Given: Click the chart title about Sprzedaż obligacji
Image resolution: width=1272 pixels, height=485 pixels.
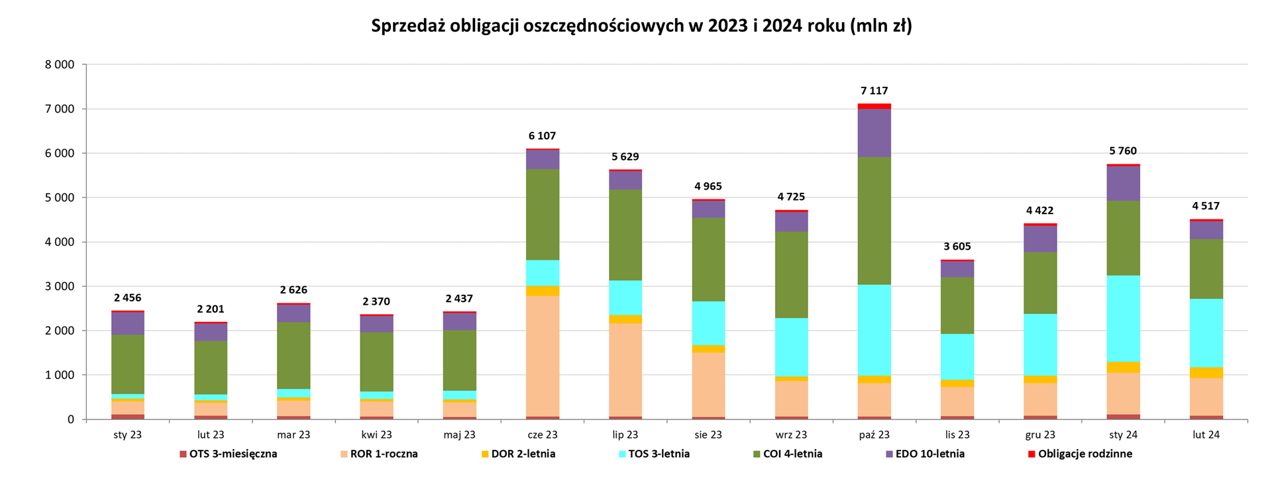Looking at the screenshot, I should point(641,26).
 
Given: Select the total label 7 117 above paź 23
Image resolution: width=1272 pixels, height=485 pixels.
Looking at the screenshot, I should point(874,91).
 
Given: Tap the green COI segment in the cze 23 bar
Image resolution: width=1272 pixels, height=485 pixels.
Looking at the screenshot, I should point(543,214).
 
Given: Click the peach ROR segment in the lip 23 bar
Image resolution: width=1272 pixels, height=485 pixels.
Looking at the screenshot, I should point(625,369).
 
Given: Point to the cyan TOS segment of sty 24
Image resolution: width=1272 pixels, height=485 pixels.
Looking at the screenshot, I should point(1123,318).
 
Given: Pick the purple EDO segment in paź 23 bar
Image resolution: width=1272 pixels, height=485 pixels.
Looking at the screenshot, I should point(874,133).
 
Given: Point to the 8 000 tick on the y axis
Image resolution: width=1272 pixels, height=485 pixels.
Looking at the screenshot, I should point(60,65).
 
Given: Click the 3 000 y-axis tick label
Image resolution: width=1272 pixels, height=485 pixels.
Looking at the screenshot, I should point(60,286).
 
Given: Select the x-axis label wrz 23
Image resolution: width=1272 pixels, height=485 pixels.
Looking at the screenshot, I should point(791,435).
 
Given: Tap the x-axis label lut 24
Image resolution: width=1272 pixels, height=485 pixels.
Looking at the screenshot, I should point(1206,435).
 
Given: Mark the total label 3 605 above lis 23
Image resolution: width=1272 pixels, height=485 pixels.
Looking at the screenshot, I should point(957,246).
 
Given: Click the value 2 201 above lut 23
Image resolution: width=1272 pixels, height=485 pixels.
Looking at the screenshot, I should point(211,309).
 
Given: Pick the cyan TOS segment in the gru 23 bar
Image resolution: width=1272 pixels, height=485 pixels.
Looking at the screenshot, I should point(1040,345).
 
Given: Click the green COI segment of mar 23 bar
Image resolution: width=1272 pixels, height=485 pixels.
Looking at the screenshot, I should point(293,355).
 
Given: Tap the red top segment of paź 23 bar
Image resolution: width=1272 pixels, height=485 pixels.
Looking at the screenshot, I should point(874,106).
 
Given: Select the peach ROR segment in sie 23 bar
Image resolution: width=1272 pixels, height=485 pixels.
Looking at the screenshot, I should point(708,384).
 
